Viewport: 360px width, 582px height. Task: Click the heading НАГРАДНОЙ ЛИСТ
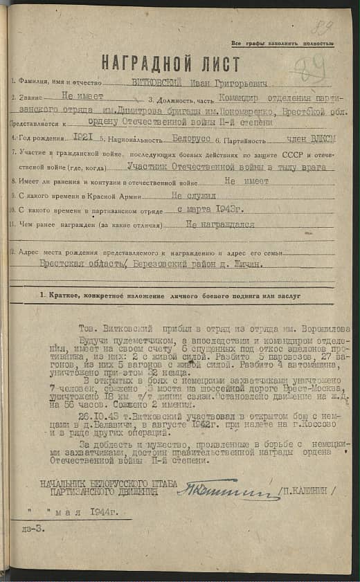tap(170, 64)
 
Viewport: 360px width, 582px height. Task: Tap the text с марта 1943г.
tap(209, 210)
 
